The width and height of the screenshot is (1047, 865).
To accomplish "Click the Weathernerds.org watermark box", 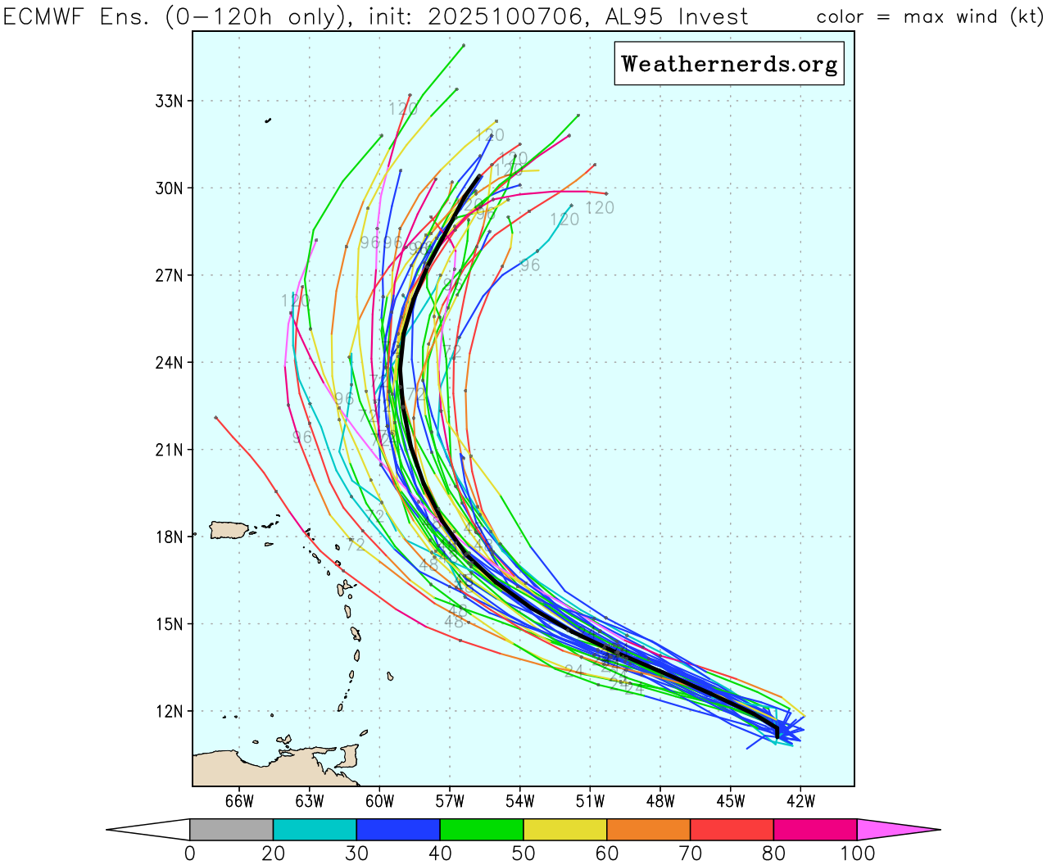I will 729,64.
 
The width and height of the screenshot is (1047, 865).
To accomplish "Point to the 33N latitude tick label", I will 169,101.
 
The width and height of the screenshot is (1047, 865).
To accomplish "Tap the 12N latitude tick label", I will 169,711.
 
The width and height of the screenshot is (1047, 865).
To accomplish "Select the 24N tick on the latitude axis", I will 169,362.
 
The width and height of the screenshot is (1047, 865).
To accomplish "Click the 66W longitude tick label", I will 239,801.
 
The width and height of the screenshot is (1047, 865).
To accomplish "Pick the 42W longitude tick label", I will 800,801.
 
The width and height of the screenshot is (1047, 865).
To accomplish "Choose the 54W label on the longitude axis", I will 520,801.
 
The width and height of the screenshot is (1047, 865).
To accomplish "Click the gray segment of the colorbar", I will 231,829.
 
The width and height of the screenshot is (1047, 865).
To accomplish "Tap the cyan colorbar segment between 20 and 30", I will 315,829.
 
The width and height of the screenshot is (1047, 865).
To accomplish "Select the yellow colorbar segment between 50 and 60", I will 565,829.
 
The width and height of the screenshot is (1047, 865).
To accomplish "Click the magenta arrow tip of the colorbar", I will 893,829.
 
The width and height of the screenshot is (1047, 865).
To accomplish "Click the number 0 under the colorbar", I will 190,854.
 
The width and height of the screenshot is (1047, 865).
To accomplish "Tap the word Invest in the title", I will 713,16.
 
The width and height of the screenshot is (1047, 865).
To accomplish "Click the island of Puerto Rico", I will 229,530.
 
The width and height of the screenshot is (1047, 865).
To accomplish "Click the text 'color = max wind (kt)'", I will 929,16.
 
